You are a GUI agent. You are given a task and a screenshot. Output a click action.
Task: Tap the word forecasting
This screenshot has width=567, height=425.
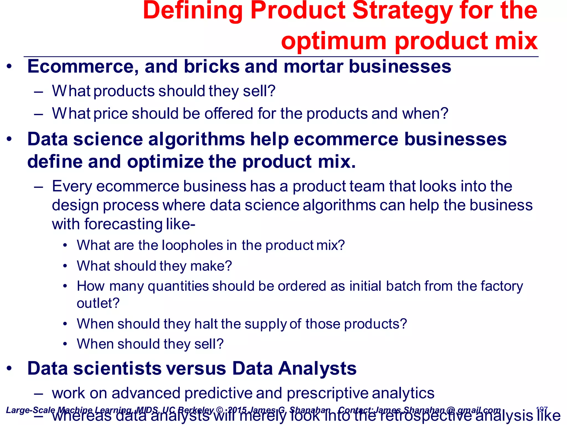[123, 224]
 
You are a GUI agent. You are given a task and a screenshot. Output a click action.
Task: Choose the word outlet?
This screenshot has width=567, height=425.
[98, 304]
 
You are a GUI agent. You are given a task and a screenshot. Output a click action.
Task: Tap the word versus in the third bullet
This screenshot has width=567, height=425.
[196, 369]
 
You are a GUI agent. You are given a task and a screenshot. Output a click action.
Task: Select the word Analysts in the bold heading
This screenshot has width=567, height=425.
[317, 369]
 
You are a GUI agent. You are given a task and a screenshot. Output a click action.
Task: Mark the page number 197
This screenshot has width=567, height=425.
[542, 410]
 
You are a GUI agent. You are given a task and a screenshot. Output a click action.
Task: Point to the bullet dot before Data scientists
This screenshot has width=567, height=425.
[10, 369]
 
